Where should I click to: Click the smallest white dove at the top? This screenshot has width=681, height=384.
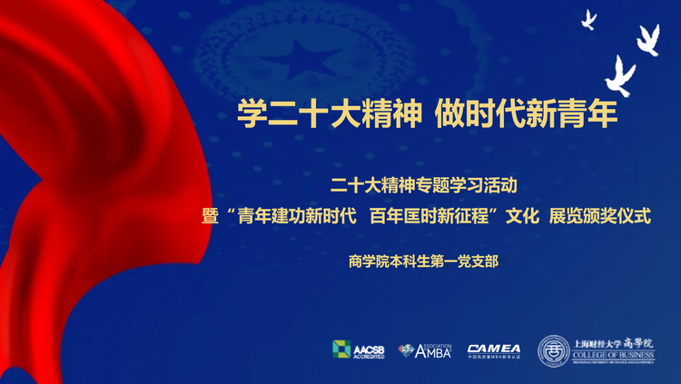click(x=588, y=19)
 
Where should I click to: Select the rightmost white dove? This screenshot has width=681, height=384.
click(x=647, y=39)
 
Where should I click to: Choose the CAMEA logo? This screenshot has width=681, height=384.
click(x=494, y=350)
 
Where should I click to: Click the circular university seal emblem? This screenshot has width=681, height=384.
click(x=554, y=350)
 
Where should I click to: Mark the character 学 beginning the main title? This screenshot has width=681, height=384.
click(x=252, y=113)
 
